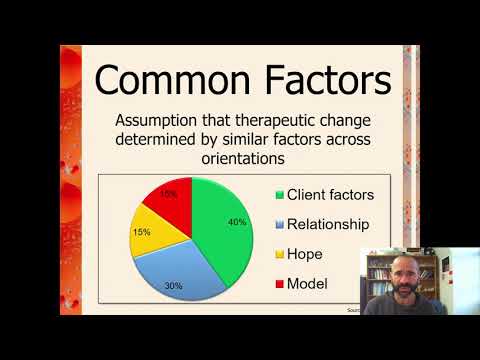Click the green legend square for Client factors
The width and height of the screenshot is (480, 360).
coord(277,194)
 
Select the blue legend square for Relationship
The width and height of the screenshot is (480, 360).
coord(277,224)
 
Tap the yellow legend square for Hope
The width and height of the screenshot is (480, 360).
coord(277,254)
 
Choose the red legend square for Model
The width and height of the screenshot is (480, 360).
coord(277,284)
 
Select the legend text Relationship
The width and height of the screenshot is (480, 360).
coord(328,224)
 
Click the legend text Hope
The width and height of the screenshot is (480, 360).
coord(306,254)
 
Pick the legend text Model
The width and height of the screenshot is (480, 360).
coord(308,284)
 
